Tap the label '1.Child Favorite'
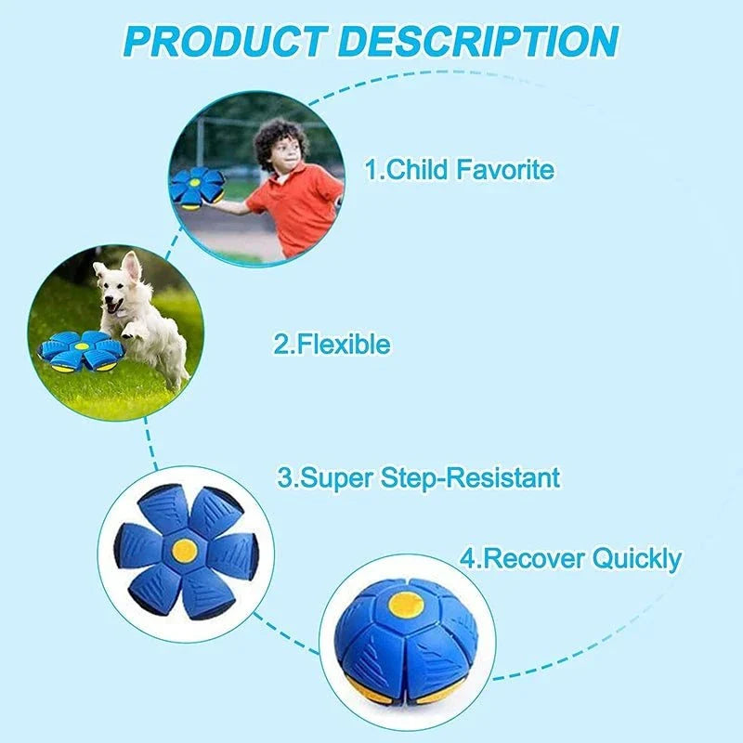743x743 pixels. pos(459,170)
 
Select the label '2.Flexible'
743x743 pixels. pos(332,345)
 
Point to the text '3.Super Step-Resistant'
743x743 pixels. pos(419,478)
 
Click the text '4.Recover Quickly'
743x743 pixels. pos(570,559)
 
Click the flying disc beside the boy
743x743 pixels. pos(197,186)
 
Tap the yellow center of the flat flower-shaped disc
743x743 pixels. pos(184,548)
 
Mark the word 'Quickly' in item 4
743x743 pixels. pos(636,559)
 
